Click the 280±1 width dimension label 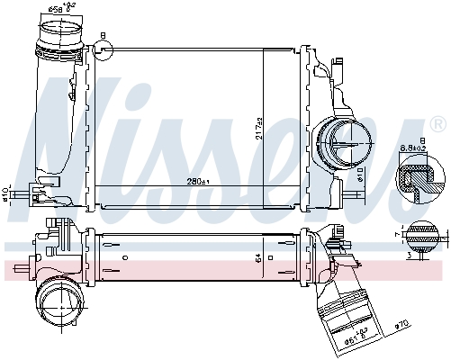(197, 183)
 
